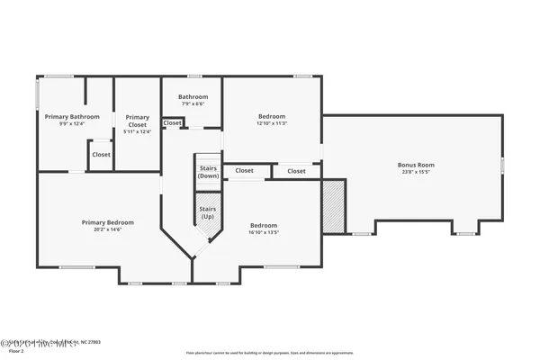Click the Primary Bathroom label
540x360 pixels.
click(72, 117)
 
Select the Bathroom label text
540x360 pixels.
click(193, 97)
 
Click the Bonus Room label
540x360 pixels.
click(416, 165)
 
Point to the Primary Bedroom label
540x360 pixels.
click(107, 222)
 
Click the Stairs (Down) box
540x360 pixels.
click(208, 171)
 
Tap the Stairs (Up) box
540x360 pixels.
click(208, 213)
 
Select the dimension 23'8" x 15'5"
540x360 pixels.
click(416, 173)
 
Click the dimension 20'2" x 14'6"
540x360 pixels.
click(107, 230)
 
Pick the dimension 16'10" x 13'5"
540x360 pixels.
click(264, 233)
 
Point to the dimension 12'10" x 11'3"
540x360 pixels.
click(272, 124)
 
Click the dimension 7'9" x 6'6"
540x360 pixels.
click(193, 104)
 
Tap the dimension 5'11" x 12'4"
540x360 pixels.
click(137, 131)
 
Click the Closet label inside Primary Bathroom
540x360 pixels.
click(101, 154)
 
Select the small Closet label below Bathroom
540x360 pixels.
click(172, 122)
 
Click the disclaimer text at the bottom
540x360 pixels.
click(270, 352)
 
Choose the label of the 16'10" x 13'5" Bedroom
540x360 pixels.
click(264, 225)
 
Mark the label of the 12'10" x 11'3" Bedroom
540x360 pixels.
click(272, 116)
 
